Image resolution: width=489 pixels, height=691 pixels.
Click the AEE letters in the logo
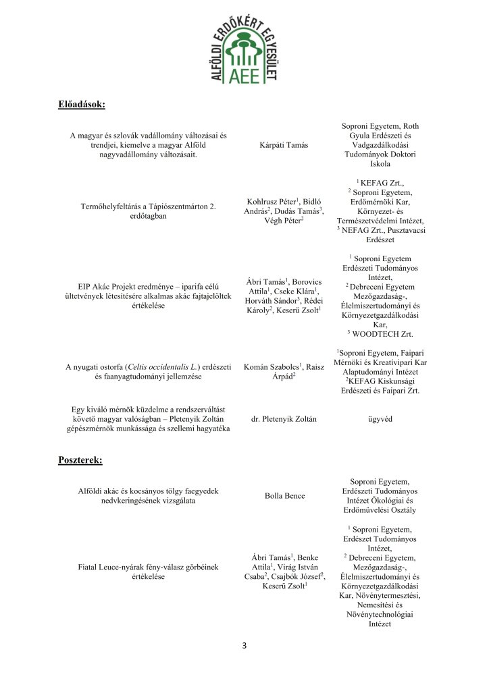coord(244,75)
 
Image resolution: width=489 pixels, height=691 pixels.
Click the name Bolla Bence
coord(285,496)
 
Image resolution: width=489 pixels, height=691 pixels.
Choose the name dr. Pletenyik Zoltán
coord(284,419)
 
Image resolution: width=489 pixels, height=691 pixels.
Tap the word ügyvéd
coord(380,419)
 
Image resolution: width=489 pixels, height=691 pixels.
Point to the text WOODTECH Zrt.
coord(384,334)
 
